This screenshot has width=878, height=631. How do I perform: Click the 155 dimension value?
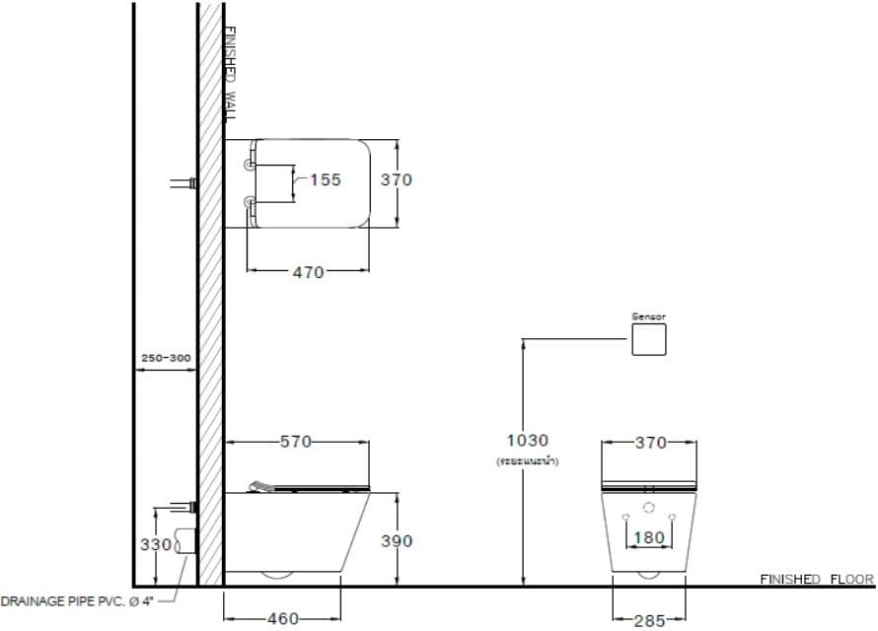(325, 179)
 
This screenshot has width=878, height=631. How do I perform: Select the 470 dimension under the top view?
(308, 272)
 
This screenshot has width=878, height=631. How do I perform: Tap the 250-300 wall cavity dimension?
(166, 358)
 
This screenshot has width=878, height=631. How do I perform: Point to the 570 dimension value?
(296, 442)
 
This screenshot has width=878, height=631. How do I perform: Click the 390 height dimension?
(397, 541)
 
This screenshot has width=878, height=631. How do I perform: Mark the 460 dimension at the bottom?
(283, 619)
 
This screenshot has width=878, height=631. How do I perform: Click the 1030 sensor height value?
(528, 441)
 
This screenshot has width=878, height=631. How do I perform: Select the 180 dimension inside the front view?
(648, 538)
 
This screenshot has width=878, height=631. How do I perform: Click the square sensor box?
(649, 340)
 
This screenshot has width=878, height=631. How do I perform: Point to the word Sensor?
(649, 316)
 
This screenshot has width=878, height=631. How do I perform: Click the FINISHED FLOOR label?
(817, 579)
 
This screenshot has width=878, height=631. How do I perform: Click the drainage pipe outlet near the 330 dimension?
(185, 541)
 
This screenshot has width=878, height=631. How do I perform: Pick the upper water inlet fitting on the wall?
(183, 182)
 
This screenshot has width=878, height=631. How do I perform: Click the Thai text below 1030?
(528, 460)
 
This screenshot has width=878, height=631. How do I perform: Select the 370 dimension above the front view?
(650, 443)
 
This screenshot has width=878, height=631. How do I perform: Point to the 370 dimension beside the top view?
(397, 179)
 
